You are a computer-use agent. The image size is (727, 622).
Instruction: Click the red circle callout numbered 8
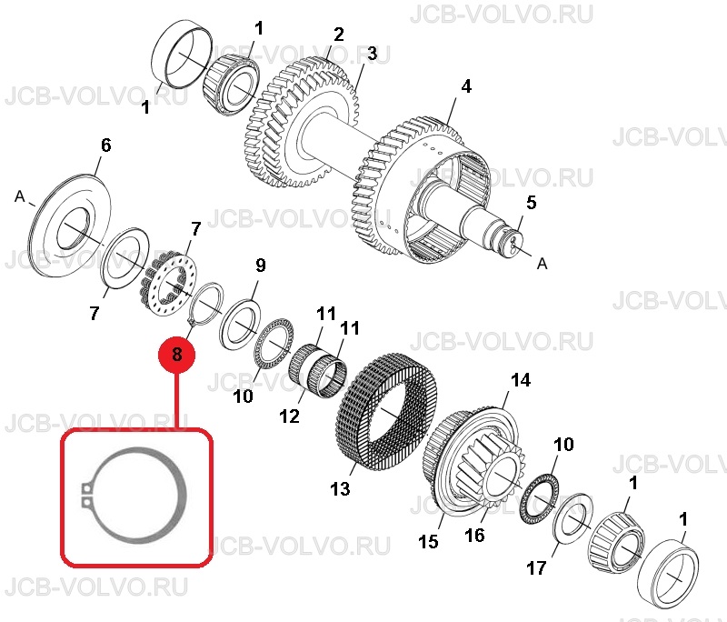click(176, 355)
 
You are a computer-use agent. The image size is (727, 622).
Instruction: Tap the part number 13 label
click(340, 488)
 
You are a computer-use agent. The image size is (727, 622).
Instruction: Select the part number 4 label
click(466, 86)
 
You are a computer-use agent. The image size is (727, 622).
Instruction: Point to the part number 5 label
click(532, 202)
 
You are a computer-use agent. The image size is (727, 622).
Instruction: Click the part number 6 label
click(106, 145)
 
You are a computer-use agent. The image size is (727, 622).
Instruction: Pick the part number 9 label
click(261, 266)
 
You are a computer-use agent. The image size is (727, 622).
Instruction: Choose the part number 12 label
click(289, 416)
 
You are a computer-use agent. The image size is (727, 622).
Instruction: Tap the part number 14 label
click(520, 380)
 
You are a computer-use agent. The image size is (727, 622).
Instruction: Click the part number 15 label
click(428, 541)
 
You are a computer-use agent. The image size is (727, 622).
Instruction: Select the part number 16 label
click(474, 536)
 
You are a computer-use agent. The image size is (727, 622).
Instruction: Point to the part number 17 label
click(536, 567)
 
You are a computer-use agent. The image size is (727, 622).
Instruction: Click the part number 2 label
click(339, 35)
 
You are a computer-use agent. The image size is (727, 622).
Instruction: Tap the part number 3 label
click(373, 54)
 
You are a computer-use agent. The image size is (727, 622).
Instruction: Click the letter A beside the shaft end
click(542, 264)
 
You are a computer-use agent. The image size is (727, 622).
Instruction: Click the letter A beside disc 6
click(19, 196)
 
